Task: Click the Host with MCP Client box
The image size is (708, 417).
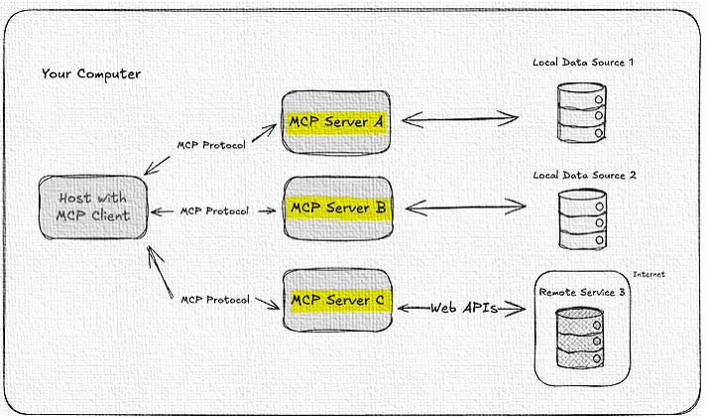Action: click(x=93, y=208)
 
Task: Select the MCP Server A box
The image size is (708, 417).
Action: click(x=335, y=121)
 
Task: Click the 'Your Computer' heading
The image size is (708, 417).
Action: click(x=91, y=74)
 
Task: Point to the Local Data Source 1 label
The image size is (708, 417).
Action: click(x=583, y=63)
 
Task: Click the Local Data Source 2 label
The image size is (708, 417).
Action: click(x=584, y=175)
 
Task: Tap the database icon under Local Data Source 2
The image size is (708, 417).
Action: click(x=580, y=221)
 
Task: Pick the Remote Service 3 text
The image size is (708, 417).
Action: click(x=582, y=293)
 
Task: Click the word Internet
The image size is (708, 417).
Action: click(x=649, y=274)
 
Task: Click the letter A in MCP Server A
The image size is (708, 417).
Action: click(x=377, y=121)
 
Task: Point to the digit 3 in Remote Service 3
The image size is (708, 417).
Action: click(x=622, y=293)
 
